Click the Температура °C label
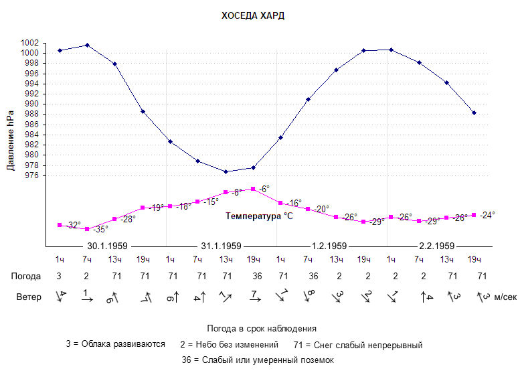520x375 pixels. pos(260,216)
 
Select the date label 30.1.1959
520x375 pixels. pos(108,245)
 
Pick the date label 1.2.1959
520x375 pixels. pos(329,245)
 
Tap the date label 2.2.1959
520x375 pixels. pos(436,245)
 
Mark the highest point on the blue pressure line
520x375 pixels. pos(87,45)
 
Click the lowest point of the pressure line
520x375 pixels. pos(226,171)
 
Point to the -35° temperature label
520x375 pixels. pos(100,229)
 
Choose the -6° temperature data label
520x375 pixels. pos(264,189)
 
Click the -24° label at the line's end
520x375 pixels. pos(487,215)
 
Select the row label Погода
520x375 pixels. pos(26,276)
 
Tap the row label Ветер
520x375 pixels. pos(28,297)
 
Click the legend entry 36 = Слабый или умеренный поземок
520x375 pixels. pos(258,360)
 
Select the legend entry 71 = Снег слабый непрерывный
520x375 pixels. pos(358,345)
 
